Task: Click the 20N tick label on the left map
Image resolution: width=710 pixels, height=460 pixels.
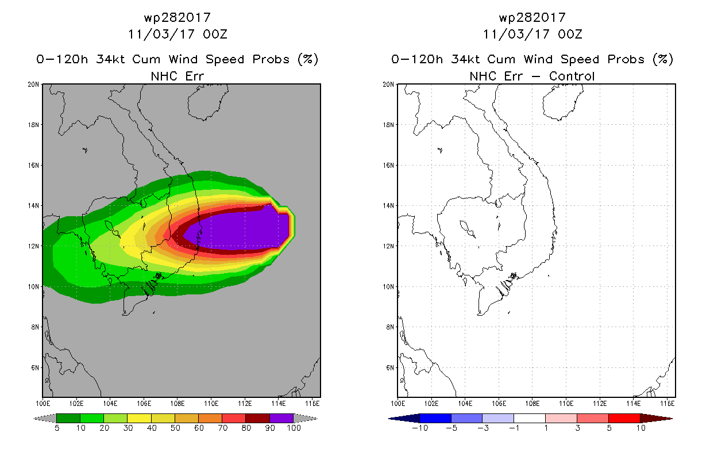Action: click(x=33, y=85)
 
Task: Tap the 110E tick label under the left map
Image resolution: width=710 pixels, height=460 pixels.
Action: click(x=211, y=404)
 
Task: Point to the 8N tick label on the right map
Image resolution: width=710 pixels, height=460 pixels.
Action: click(x=390, y=327)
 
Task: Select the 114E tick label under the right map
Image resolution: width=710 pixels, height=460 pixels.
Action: click(x=633, y=404)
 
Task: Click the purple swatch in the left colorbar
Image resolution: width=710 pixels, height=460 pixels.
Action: click(x=281, y=418)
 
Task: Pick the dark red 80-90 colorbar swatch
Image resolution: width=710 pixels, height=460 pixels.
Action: click(x=258, y=418)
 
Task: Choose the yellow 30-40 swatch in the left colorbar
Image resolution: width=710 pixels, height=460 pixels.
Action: click(x=139, y=418)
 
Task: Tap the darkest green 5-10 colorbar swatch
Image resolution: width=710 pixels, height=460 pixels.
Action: click(x=68, y=418)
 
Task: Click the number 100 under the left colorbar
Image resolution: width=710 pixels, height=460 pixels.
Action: click(x=294, y=428)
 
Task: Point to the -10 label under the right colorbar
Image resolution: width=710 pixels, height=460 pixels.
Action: click(x=420, y=428)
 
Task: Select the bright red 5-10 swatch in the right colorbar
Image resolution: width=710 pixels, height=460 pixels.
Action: click(x=624, y=418)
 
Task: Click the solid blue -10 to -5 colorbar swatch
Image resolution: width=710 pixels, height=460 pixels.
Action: click(x=435, y=418)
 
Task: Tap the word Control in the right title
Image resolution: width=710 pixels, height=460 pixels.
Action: click(x=572, y=76)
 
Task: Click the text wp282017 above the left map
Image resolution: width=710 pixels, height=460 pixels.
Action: click(x=177, y=18)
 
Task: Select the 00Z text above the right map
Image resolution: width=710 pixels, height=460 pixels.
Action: click(x=570, y=34)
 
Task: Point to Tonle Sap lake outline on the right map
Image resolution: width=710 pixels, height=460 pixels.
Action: click(x=467, y=229)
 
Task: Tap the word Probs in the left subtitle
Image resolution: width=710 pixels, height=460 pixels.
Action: click(x=271, y=60)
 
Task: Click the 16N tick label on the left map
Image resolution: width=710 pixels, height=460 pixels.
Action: click(x=33, y=165)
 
